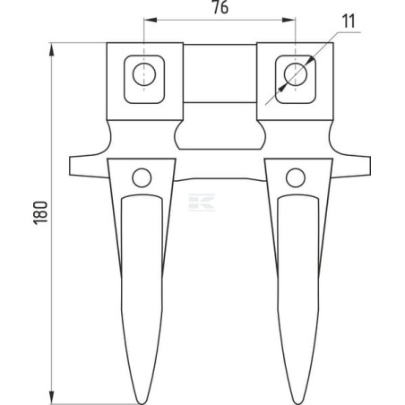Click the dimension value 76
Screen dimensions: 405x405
pos(220,7)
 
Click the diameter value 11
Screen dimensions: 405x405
pos(349,22)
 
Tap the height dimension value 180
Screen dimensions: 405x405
pos(40,212)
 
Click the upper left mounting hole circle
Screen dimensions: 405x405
pos(144,74)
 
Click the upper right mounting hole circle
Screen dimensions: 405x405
pos(296,74)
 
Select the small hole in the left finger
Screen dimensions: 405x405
pos(142,177)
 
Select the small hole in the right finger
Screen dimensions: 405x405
pos(296,177)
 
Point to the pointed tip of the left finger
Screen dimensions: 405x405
pos(142,404)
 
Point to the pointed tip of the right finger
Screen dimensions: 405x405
pos(296,404)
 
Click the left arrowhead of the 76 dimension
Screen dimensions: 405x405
pos(151,20)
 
